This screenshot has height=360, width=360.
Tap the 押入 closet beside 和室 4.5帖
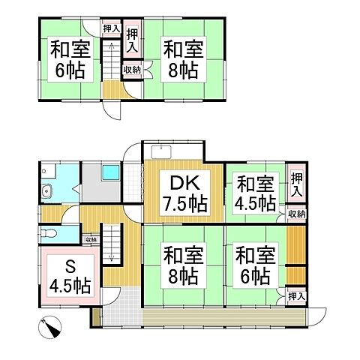pyautogui.click(x=296, y=184)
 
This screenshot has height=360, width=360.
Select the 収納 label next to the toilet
pyautogui.click(x=90, y=240)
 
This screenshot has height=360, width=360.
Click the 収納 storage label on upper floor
pyautogui.click(x=131, y=70)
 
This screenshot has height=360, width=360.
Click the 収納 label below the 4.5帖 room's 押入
pyautogui.click(x=296, y=214)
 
